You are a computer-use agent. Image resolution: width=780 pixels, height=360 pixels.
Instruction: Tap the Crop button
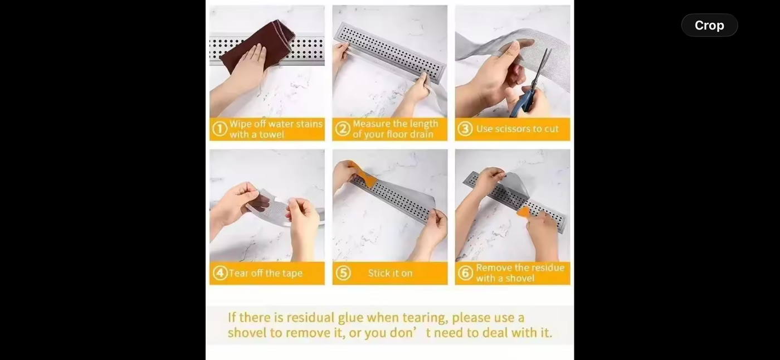[x=709, y=25]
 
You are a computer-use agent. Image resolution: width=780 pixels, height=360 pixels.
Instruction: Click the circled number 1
[x=220, y=129]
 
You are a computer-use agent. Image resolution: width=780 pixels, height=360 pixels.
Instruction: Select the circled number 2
[x=343, y=129]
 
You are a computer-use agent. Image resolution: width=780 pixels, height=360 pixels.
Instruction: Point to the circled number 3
[x=465, y=129]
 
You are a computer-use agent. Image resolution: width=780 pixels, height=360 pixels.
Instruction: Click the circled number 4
[x=220, y=273]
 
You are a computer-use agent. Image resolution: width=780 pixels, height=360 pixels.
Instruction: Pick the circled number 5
[x=343, y=273]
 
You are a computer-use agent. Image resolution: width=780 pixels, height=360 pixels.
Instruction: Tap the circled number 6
[x=466, y=273]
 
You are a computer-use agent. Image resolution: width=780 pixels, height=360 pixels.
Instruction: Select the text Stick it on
[x=390, y=273]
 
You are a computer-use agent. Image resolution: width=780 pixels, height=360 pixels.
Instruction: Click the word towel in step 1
[x=271, y=134]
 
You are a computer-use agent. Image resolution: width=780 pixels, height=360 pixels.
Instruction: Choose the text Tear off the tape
[x=265, y=273]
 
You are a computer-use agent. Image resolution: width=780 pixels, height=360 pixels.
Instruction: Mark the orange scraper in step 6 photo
[x=523, y=212]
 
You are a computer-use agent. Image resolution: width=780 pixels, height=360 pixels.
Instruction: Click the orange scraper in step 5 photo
[x=365, y=177]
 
